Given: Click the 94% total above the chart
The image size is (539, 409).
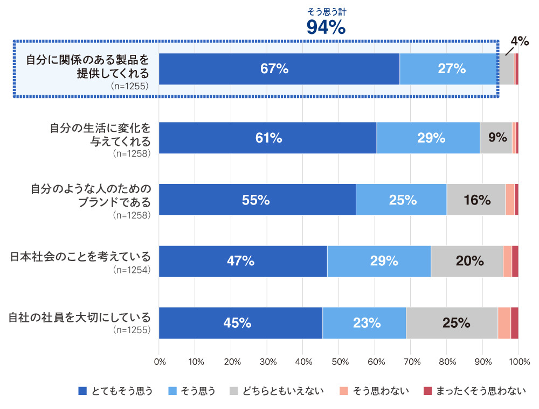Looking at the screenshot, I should click(326, 27).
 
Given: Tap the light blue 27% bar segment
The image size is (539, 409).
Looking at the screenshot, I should click(448, 69).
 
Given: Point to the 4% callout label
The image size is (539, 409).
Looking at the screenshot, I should click(520, 41).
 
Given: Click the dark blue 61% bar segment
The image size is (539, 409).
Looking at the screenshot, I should click(268, 138).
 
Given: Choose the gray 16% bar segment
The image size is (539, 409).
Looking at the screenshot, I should click(476, 200).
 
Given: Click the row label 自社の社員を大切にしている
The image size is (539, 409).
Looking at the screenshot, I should click(79, 316).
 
